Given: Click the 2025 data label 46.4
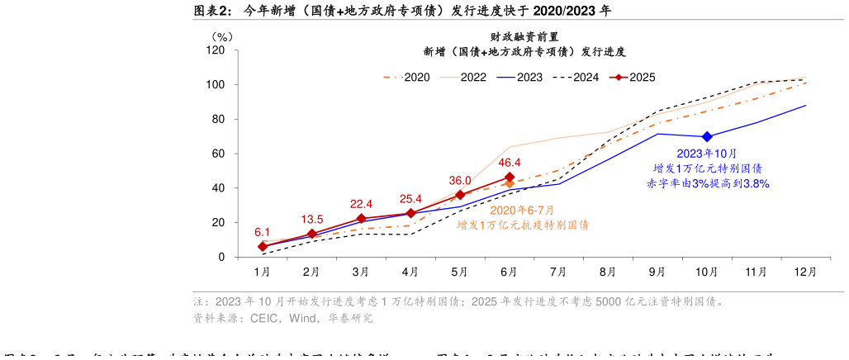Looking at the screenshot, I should coord(510,163).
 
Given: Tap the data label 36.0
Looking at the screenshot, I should coord(460,181).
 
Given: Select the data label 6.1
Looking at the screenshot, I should coord(263,232).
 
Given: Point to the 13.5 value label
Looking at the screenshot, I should coord(312,220).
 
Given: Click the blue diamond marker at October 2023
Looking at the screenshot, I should coord(707,136).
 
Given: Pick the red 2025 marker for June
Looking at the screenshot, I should coord(510,177).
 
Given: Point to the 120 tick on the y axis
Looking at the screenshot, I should coord(216,50).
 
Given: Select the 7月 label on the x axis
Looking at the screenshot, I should coord(558,271).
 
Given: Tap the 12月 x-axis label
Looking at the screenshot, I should coord(805,271).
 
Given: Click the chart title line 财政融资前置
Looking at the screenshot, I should coord(524,37).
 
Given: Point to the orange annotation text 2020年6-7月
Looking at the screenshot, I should coord(523,210).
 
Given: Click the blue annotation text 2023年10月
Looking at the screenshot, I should coord(707,154).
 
